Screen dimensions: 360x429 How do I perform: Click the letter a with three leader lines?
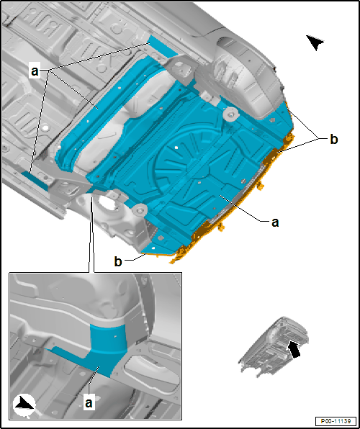[35, 72]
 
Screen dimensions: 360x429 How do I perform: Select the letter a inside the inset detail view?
[89, 403]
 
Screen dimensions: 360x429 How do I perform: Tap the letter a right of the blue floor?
[275, 222]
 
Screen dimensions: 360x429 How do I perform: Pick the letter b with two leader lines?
[333, 140]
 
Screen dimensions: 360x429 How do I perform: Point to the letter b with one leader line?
[118, 262]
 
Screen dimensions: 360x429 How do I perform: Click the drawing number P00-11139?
[336, 421]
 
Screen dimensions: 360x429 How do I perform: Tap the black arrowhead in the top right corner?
[315, 42]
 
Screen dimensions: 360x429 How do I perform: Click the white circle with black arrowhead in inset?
[24, 406]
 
